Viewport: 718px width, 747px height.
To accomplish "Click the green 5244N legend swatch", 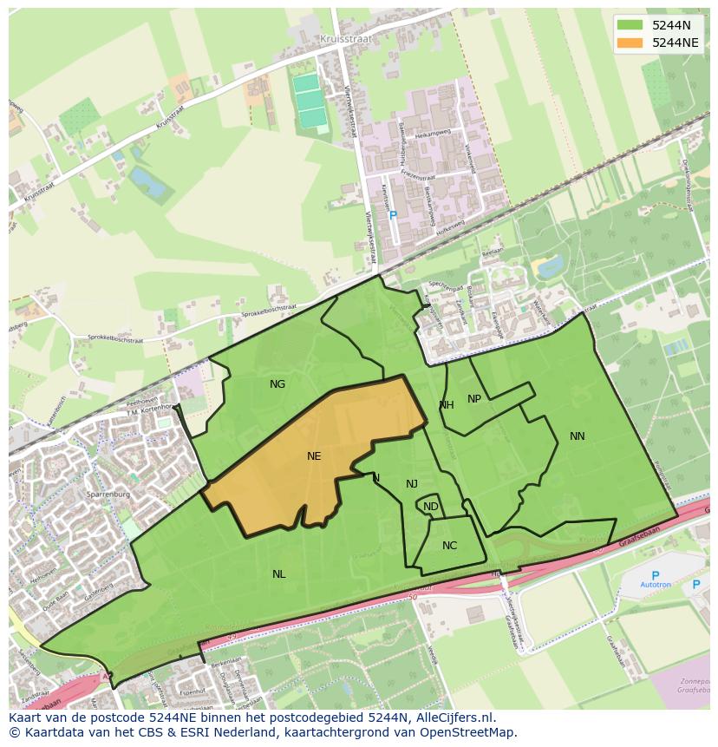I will pos(630,25).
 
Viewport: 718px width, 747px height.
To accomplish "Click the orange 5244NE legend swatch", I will pos(630,43).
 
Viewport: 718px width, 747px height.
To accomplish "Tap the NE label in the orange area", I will pos(314,455).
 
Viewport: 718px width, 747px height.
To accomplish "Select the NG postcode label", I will pos(277,384).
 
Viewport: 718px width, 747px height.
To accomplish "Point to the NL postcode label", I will pos(278,574).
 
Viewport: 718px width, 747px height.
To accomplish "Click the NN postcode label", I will pos(578,436).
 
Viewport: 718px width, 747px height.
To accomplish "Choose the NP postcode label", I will pos(474,399).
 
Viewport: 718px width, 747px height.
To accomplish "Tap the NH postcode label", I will pos(447,405).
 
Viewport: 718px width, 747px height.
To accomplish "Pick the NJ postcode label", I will pos(412,484).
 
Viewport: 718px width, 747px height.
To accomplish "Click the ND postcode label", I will pos(431,507).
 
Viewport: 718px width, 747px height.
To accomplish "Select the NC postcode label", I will pos(449,546).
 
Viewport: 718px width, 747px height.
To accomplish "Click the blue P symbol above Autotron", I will pos(655,574).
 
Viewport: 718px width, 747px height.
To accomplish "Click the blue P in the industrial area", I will pos(393,214).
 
